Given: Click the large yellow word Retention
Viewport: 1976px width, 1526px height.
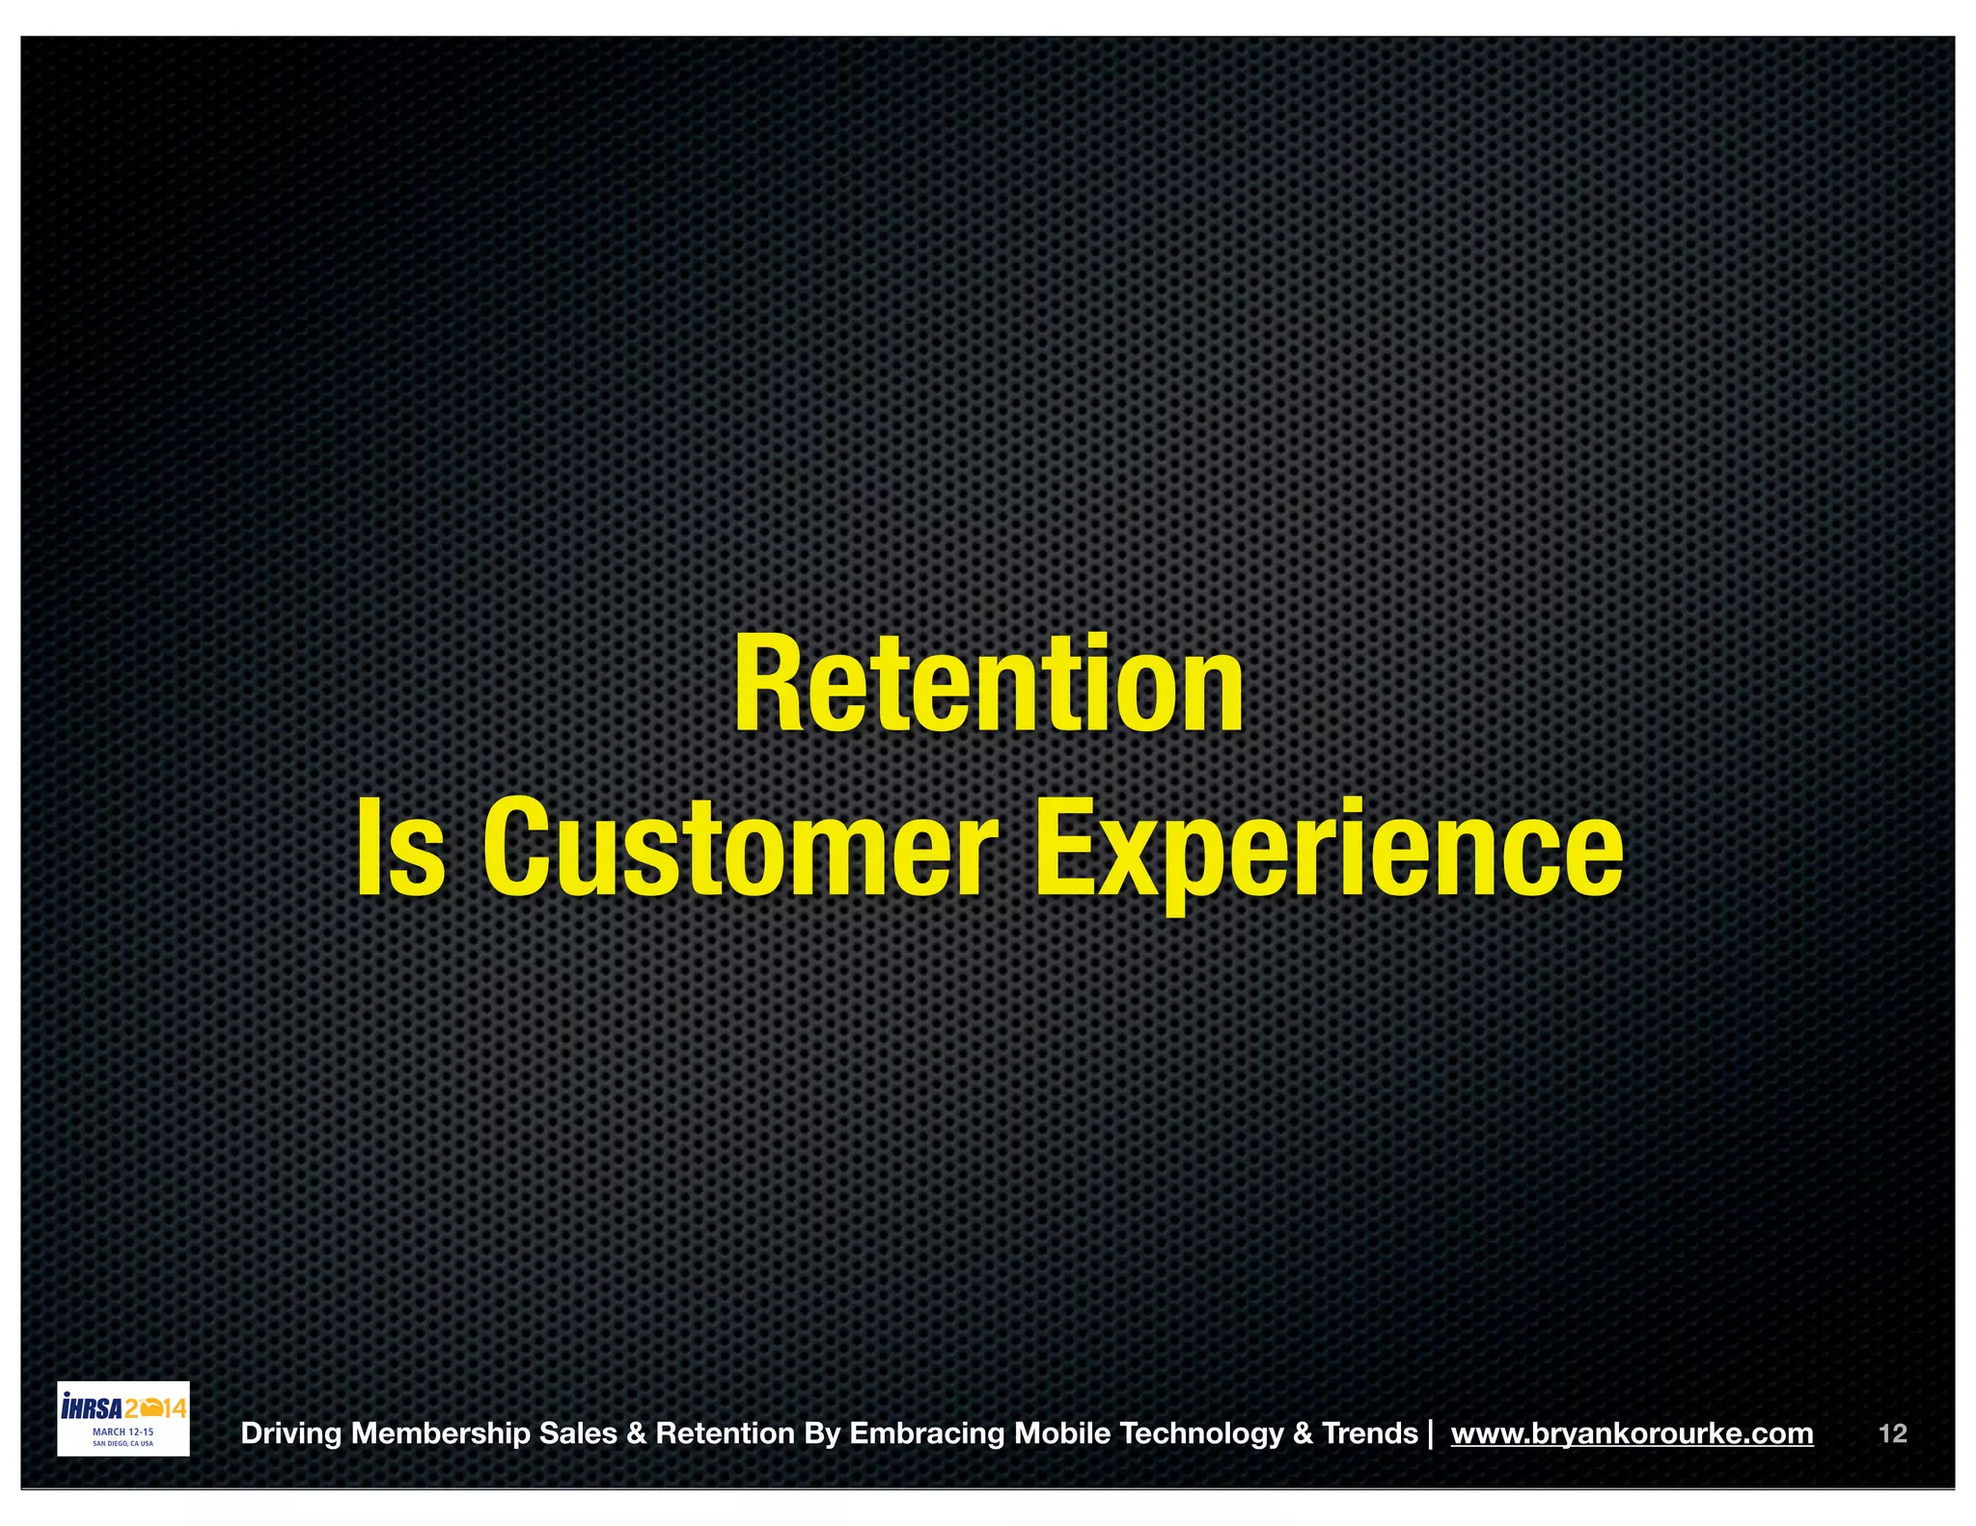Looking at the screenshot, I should [x=989, y=685].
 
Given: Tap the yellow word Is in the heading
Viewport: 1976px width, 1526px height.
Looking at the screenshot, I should [x=401, y=849].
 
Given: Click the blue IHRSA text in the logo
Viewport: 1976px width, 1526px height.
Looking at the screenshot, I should [x=91, y=1407].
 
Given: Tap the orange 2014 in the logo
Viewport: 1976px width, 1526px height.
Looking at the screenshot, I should [x=155, y=1408].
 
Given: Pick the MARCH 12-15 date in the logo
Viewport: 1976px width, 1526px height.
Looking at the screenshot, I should [x=123, y=1432].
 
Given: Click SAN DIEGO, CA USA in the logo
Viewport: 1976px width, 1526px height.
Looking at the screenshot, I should [x=123, y=1444].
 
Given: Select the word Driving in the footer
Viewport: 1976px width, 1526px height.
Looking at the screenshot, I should [x=290, y=1433].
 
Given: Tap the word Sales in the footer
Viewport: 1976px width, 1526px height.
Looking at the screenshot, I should [x=578, y=1433].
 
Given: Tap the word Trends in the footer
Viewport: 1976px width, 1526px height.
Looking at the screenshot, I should [x=1369, y=1433].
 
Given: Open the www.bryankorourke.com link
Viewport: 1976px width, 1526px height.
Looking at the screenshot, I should [x=1632, y=1433].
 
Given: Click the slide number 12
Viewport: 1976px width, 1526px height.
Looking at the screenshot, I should [x=1892, y=1433].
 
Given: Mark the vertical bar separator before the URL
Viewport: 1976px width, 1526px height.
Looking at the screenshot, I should [x=1429, y=1433].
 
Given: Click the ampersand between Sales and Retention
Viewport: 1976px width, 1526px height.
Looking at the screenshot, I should [x=636, y=1433].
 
